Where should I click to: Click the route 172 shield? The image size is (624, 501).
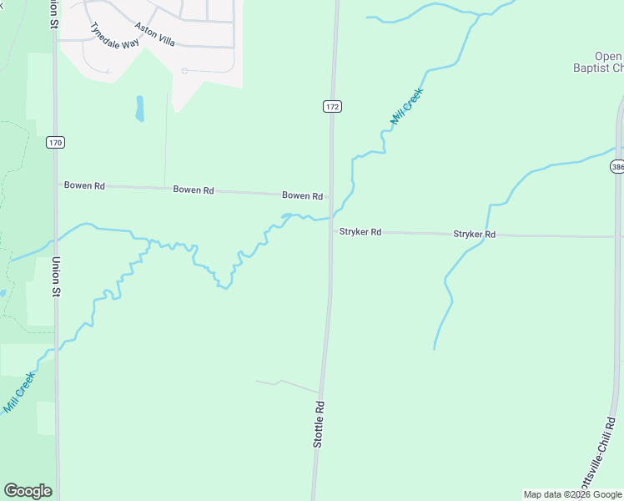332,107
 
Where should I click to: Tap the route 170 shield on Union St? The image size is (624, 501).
55,143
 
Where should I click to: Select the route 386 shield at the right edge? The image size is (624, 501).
617,167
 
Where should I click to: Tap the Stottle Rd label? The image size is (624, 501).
319,424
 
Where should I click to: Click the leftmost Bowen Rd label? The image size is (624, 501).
84,185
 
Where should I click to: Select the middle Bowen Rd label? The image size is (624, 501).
194,190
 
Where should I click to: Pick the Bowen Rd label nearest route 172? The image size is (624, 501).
302,196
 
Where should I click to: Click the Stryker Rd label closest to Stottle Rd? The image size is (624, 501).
360,232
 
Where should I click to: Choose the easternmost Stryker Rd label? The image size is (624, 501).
474,235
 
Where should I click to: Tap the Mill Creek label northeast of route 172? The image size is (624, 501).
407,107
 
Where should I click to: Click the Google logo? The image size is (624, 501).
28,491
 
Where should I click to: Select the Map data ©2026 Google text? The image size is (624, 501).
573,494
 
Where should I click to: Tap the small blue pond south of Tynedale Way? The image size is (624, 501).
140,108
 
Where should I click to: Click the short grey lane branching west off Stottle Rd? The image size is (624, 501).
288,385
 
